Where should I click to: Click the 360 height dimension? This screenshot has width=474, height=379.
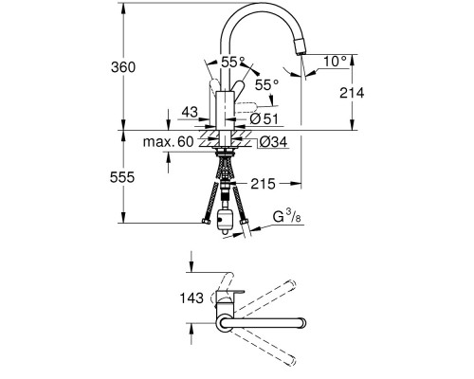123,67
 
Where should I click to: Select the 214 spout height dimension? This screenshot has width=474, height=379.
352,93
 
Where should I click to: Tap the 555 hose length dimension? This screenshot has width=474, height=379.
122,177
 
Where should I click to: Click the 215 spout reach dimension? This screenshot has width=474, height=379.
263,184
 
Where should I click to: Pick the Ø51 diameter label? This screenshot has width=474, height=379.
264,119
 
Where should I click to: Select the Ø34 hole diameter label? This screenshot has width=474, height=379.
274,142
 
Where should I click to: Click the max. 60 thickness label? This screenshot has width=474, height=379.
168,142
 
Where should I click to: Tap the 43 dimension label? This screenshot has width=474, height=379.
190,112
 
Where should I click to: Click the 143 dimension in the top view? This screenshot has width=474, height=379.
191,298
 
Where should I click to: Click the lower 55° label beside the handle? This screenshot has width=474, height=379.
266,85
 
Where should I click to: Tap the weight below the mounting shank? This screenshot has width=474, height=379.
225,221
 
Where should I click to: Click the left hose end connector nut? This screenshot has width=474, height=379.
206,222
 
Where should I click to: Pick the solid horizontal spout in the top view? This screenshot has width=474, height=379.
263,323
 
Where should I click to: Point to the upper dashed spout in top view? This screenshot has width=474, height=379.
264,298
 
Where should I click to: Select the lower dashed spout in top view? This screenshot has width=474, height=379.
264,346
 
